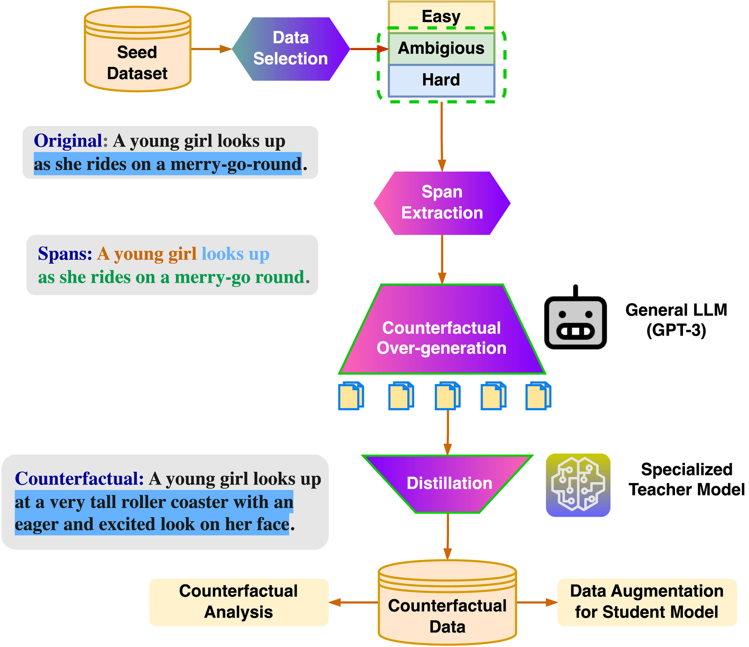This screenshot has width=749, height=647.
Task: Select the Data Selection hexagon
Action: pos(291,49)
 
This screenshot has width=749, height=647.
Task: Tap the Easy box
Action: pos(441,16)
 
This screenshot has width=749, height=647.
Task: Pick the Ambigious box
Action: pos(441,48)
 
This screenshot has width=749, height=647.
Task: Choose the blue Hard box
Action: pos(441,80)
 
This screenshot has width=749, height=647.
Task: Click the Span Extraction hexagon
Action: pos(442,203)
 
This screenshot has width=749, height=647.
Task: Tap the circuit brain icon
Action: pos(578,485)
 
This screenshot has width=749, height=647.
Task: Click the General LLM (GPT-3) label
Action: pos(676,320)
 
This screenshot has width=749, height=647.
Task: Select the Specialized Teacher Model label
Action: pos(686,479)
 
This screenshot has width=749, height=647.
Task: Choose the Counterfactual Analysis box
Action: pos(239,602)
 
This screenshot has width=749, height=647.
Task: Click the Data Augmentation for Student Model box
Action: pos(647,602)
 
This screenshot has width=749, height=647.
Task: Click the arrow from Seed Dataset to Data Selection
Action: pos(212,49)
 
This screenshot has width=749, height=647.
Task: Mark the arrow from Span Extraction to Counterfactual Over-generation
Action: pos(442,259)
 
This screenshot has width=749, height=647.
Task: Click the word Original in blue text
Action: pos(68,141)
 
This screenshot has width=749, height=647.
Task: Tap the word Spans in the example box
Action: pos(65,253)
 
